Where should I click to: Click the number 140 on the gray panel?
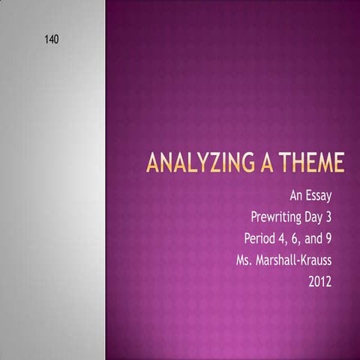tap(52, 38)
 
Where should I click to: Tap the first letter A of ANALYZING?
tap(152, 163)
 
